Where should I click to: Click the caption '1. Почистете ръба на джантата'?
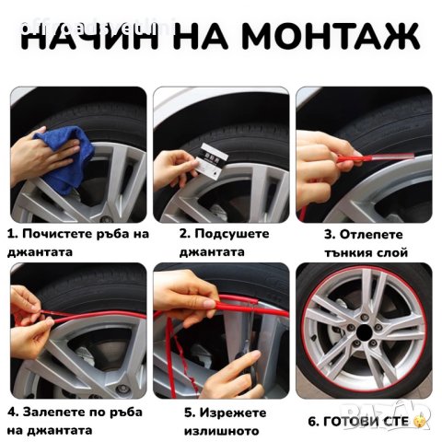tap(77, 242)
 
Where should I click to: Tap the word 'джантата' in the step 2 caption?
tap(212, 251)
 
